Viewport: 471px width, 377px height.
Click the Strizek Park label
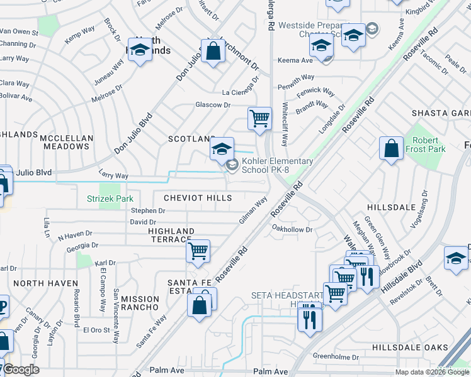(110, 199)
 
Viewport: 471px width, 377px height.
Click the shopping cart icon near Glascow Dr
(259, 118)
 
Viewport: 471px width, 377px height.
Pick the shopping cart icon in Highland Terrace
(198, 251)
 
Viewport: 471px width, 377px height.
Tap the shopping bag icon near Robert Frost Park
(391, 149)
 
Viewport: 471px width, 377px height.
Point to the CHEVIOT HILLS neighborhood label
(198, 198)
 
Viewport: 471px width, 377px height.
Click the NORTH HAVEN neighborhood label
(45, 283)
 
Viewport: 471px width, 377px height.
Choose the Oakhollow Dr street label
(292, 230)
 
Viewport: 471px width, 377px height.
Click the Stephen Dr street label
(148, 211)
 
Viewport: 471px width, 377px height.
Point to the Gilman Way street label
(253, 210)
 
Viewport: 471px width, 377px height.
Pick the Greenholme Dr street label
(336, 357)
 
